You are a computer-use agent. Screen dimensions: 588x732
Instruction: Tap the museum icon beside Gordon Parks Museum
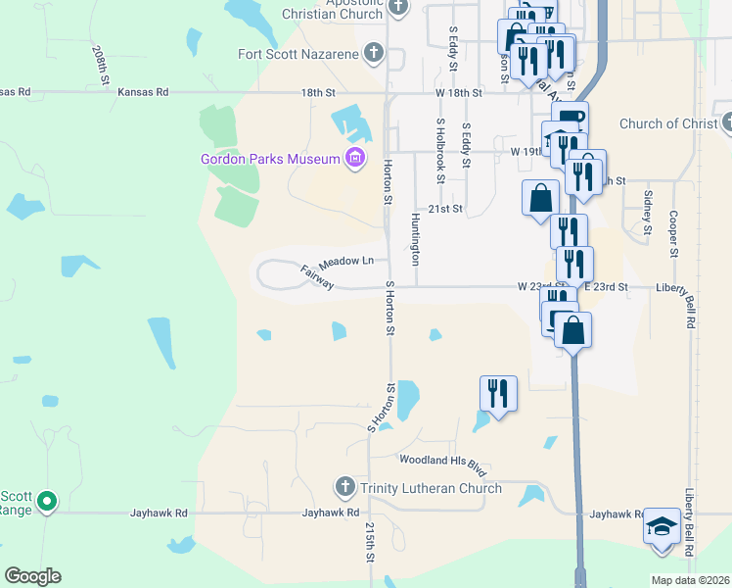(x=354, y=158)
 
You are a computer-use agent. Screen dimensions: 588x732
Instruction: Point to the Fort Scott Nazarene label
(x=298, y=53)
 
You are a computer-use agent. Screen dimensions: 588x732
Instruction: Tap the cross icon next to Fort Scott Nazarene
(x=374, y=53)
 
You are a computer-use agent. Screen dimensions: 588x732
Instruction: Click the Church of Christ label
(x=669, y=123)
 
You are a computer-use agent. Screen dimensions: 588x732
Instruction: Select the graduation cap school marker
(x=662, y=526)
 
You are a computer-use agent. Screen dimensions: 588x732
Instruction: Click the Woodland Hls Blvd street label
(x=442, y=460)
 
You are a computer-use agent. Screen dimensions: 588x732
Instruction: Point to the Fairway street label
(x=318, y=277)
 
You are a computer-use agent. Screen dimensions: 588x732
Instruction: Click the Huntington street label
(x=416, y=239)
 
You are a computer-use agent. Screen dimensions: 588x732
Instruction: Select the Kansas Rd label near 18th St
(x=143, y=92)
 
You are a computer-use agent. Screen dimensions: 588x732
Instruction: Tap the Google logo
(x=32, y=576)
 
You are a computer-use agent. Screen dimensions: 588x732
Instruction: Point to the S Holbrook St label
(x=441, y=151)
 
